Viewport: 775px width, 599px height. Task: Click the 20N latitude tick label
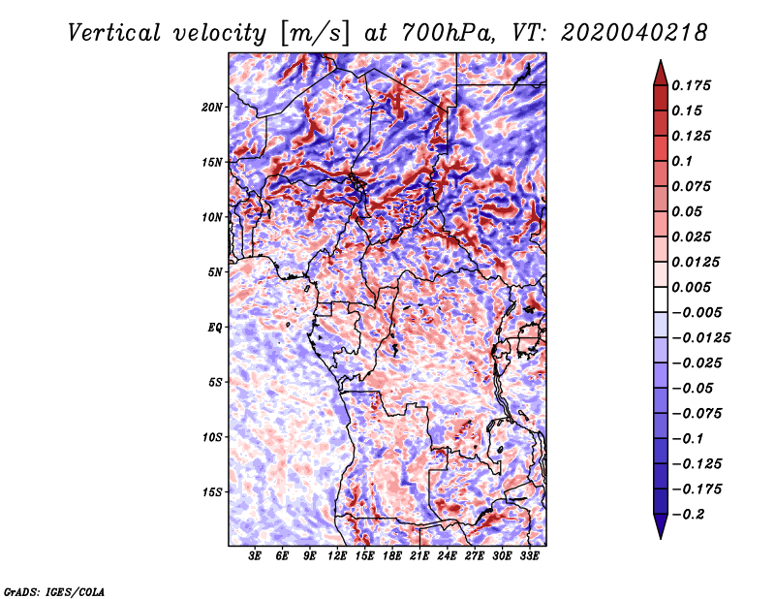point(212,108)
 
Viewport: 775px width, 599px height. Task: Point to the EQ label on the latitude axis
point(215,328)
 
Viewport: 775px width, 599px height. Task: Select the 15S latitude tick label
point(212,492)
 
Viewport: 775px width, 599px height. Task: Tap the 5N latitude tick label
point(215,272)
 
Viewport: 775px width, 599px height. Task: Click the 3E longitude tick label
point(255,556)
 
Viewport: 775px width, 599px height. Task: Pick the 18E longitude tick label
point(392,556)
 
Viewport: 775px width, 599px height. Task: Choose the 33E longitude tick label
point(529,556)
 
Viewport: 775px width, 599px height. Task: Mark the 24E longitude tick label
point(447,556)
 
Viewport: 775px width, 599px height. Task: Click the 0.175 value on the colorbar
point(691,85)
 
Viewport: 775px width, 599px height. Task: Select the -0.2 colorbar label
point(688,515)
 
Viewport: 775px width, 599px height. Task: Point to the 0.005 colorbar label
point(691,287)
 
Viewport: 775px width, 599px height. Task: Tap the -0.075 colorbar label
point(697,414)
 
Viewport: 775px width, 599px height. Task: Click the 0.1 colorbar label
point(682,161)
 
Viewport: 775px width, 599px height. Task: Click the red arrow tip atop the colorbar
point(661,60)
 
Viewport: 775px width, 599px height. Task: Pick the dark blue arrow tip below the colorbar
point(661,538)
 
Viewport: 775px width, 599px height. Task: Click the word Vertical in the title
point(114,33)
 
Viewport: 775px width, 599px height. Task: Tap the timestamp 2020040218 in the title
point(635,33)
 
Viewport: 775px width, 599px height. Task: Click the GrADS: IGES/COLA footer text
point(54,591)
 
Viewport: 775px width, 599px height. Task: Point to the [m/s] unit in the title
point(316,34)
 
